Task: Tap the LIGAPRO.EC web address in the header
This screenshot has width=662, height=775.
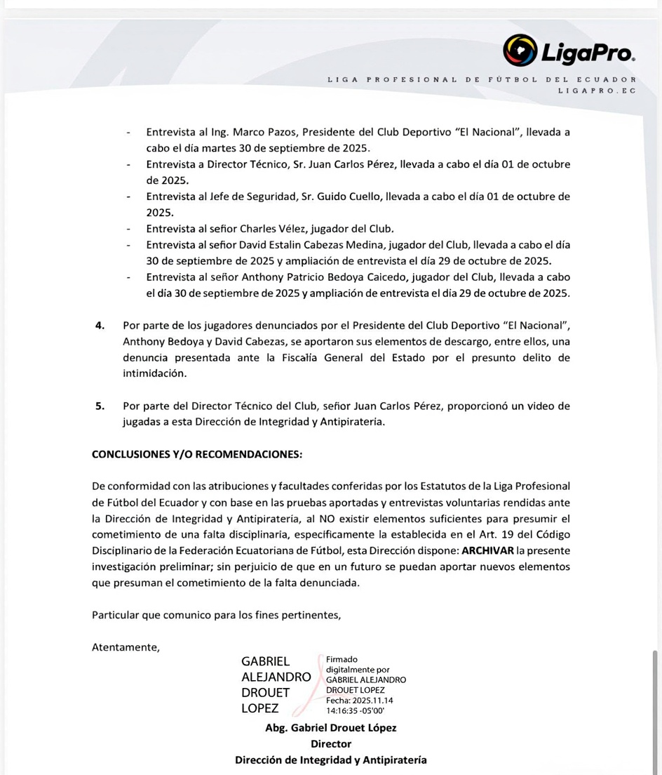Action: (x=597, y=91)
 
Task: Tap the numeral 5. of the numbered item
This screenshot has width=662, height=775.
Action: (x=100, y=406)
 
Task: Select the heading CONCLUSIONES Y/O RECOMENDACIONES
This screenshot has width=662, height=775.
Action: (x=197, y=454)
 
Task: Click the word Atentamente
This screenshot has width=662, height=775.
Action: (x=126, y=647)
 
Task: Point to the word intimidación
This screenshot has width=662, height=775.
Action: (x=156, y=373)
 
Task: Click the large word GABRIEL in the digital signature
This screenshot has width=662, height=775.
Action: (x=265, y=661)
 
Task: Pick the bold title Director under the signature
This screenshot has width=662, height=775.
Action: (x=330, y=743)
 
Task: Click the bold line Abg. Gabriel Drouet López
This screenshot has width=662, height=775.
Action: (x=330, y=727)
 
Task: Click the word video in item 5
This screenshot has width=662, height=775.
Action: (x=537, y=406)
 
